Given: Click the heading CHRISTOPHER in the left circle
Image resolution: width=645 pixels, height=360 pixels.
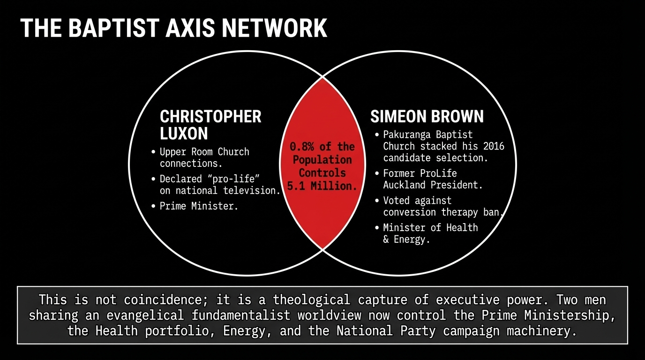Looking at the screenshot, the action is point(210,117).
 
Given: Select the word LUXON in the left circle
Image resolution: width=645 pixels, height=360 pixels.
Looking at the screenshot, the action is point(184,134).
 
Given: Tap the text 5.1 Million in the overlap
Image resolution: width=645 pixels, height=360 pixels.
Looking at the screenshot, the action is point(322,186).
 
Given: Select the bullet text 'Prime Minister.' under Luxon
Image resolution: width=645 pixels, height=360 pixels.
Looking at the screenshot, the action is point(199,206).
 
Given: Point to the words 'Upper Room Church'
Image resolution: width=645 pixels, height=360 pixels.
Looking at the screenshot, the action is point(204,152).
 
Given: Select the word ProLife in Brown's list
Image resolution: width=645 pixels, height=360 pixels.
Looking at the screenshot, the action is point(438,173).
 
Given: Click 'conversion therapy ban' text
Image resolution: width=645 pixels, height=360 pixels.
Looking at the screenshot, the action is point(442,212).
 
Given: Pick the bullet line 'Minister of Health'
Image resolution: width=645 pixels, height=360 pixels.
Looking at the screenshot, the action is point(430,228).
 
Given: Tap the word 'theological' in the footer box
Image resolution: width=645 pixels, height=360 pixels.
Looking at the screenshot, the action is point(311,300).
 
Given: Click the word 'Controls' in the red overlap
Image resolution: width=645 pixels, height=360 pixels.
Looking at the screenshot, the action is point(322,173).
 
